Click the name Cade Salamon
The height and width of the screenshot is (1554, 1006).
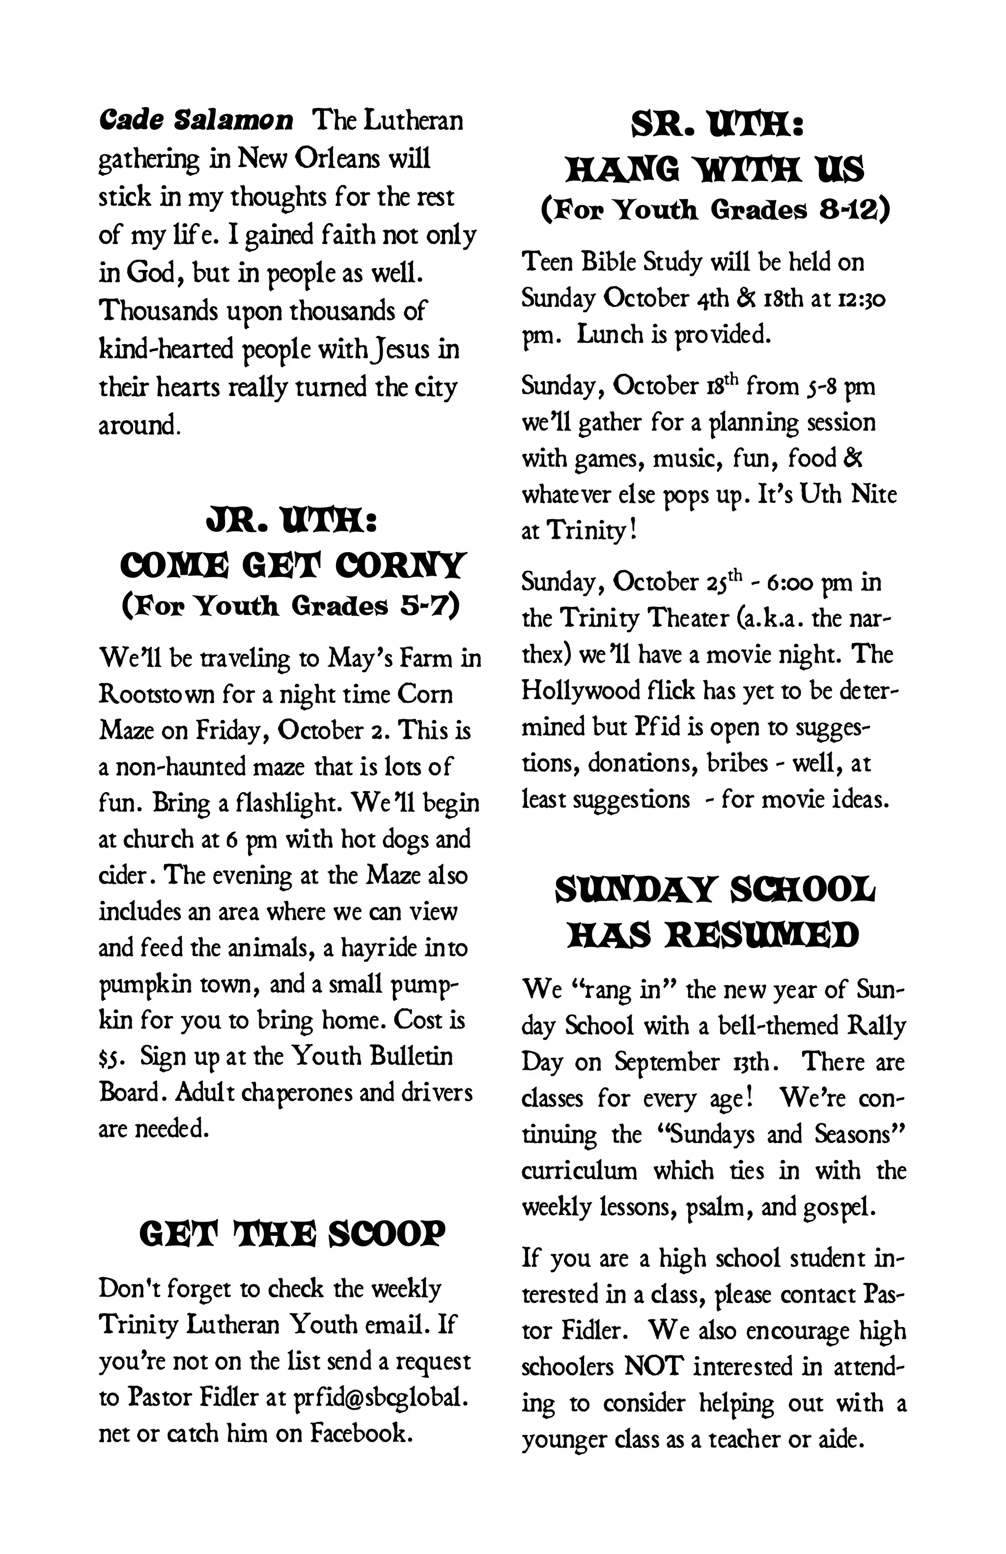[196, 121]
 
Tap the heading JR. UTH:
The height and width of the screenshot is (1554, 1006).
[290, 523]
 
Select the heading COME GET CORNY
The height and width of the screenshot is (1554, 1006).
[290, 565]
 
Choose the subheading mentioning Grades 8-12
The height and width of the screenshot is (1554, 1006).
[714, 210]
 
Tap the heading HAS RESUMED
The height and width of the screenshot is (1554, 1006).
[714, 936]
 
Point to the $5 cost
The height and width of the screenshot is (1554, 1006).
[109, 1057]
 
